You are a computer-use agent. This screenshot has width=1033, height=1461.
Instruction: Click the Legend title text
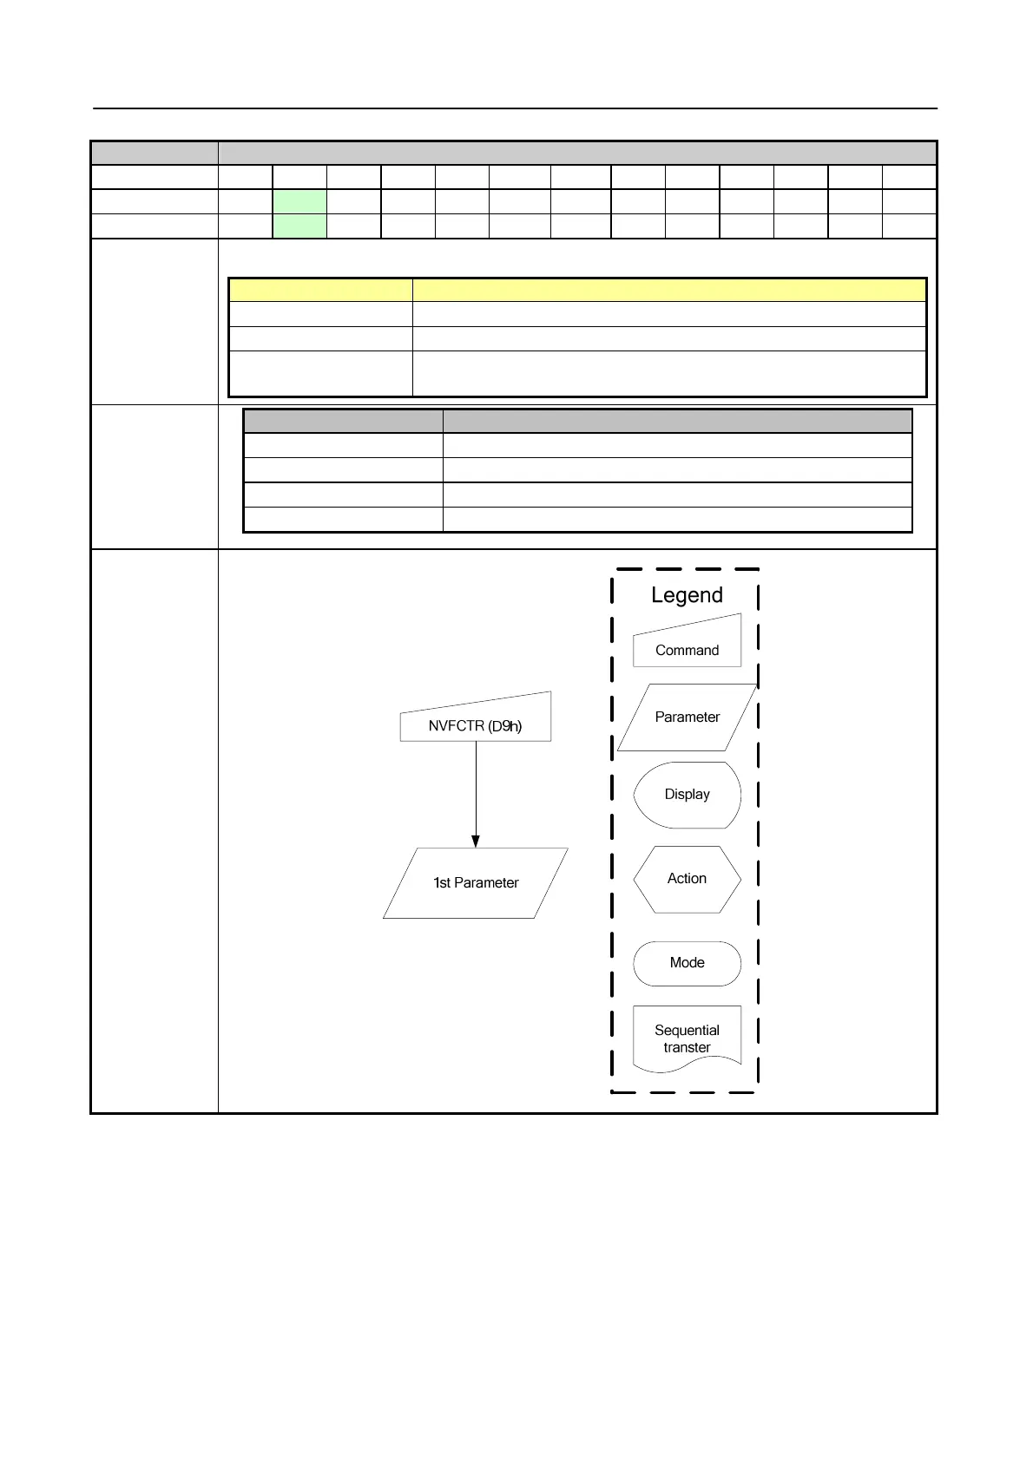click(687, 595)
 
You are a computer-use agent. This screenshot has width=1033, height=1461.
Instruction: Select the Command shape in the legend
click(687, 644)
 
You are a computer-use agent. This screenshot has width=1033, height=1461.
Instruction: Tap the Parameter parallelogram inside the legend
click(687, 717)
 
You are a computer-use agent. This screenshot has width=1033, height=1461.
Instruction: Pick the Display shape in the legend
click(687, 795)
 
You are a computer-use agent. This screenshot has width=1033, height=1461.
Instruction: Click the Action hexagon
click(687, 879)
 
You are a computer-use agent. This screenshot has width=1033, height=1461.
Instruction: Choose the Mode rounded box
click(687, 963)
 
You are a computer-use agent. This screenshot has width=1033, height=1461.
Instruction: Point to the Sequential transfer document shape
click(687, 1038)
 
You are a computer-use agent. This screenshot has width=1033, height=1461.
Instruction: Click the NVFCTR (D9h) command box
click(475, 720)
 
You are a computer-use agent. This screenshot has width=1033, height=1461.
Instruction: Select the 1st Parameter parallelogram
click(475, 883)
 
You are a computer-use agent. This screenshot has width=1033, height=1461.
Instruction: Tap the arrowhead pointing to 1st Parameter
click(476, 841)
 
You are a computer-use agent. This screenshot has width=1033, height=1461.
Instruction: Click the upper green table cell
click(299, 201)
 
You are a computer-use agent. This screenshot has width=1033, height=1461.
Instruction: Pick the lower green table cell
click(299, 226)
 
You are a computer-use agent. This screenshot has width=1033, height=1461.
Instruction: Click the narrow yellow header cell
click(320, 290)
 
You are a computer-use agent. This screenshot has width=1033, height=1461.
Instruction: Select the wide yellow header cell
click(669, 290)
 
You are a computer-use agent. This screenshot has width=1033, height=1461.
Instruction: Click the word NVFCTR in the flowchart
click(456, 726)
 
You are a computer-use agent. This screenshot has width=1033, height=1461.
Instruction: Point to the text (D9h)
click(505, 726)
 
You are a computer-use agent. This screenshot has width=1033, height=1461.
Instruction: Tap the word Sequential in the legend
click(687, 1031)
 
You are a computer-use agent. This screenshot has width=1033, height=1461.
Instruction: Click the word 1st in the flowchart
click(441, 883)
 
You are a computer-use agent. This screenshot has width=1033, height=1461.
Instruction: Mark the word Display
click(687, 795)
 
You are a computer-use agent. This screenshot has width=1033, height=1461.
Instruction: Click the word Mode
click(687, 963)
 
